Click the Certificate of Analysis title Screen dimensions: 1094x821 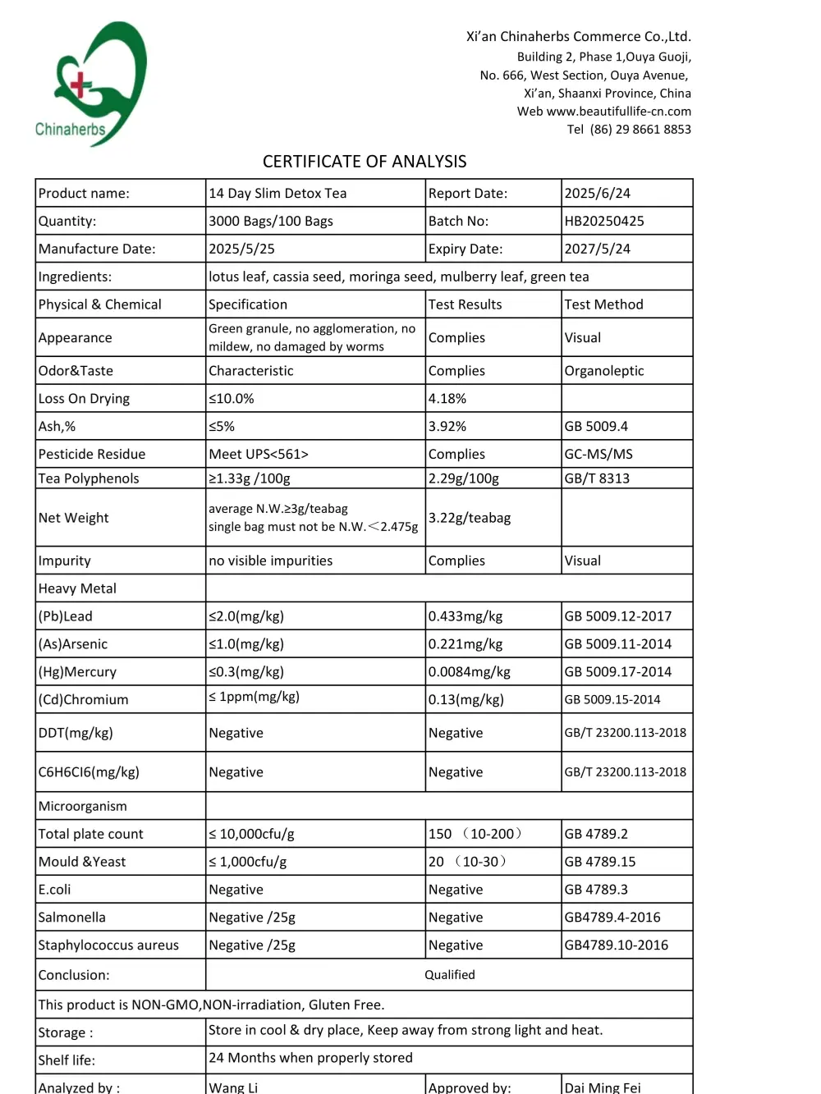(x=365, y=162)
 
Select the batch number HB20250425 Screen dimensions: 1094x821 (x=604, y=221)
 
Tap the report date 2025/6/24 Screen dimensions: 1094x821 (x=598, y=193)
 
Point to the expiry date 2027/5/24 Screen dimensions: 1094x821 (x=598, y=249)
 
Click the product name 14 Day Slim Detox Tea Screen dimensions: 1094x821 (x=277, y=193)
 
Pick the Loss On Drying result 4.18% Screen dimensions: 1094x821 (x=447, y=398)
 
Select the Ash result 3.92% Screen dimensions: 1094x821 (x=447, y=426)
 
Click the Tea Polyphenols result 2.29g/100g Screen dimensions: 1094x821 (x=464, y=478)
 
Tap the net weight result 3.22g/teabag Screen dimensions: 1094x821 (x=470, y=518)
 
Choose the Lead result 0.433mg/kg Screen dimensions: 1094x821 (x=466, y=616)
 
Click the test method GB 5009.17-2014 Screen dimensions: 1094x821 (x=618, y=671)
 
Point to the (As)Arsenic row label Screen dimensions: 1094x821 (x=73, y=644)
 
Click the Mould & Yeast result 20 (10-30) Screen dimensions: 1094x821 (x=467, y=862)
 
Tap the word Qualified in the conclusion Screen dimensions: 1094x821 (x=450, y=975)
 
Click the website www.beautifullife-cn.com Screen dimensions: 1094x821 (x=619, y=111)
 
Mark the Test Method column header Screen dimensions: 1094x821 (x=604, y=304)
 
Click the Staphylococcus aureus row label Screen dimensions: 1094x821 (x=108, y=945)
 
